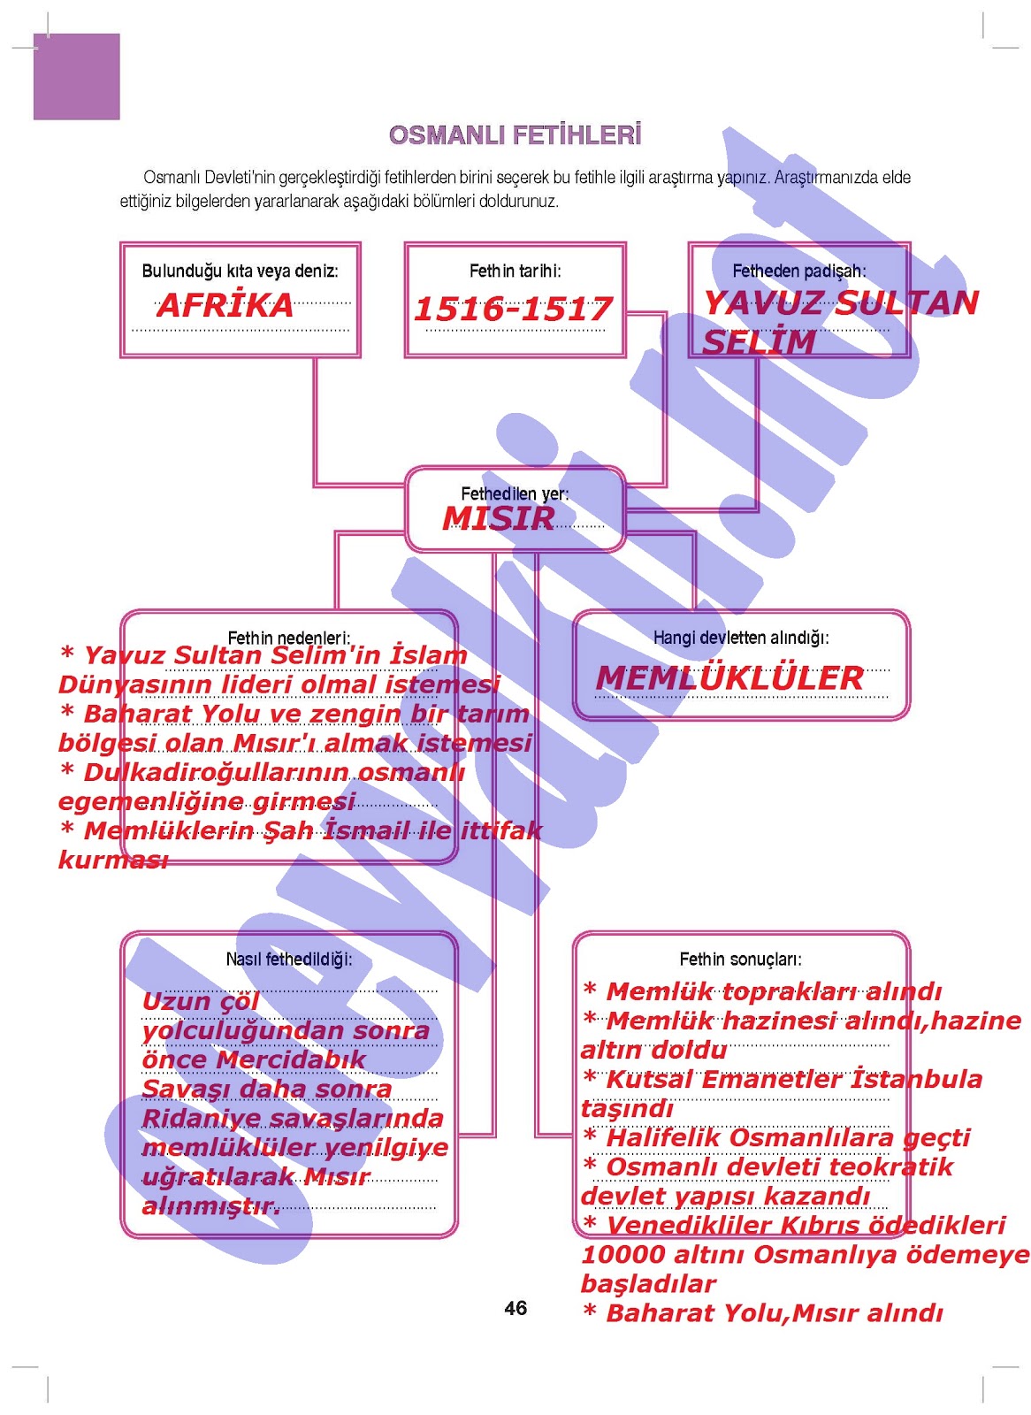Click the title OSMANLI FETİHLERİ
click(515, 135)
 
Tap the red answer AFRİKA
click(225, 305)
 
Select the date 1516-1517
click(513, 309)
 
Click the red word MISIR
click(499, 518)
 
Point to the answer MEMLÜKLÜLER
click(729, 678)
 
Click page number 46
click(515, 1308)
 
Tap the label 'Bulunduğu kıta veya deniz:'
click(240, 271)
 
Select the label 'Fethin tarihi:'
click(515, 271)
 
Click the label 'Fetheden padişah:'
click(798, 271)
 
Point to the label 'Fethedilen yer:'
click(515, 493)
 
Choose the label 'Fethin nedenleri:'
click(289, 637)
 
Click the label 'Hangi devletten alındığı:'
click(741, 637)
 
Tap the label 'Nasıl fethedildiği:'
click(289, 959)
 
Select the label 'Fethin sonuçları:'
click(741, 959)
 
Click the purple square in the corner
click(77, 77)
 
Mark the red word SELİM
click(759, 342)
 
